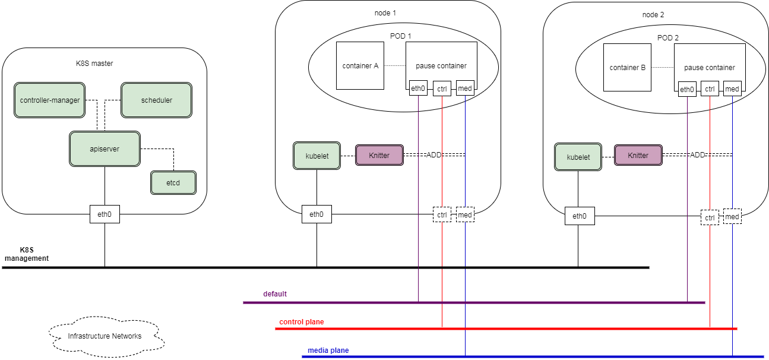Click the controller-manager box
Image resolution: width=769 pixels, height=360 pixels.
point(50,100)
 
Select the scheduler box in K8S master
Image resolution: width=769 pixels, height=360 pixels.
point(156,100)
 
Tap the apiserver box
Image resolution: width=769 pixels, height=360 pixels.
point(105,149)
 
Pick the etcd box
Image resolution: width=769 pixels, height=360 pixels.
point(173,183)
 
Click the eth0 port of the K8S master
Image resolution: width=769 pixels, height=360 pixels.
point(105,214)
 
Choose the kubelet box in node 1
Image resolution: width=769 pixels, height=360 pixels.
point(317,156)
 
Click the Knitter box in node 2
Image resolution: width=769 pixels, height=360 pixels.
point(638,155)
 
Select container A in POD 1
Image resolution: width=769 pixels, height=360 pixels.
point(360,66)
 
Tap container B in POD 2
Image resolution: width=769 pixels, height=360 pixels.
point(627,68)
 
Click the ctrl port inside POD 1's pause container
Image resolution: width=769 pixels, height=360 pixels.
point(442,89)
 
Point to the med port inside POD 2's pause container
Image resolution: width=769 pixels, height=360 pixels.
point(732,89)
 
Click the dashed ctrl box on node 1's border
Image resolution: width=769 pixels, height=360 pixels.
point(442,214)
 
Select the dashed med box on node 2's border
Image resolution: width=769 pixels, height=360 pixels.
point(732,217)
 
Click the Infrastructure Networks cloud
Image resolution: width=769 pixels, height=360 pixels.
point(105,336)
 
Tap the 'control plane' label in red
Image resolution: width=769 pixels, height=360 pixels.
point(302,322)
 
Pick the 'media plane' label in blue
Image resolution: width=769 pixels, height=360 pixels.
point(328,350)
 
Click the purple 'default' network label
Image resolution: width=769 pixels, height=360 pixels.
point(275,294)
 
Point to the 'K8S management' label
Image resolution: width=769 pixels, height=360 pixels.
point(26,254)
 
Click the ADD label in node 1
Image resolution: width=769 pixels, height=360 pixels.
point(434,154)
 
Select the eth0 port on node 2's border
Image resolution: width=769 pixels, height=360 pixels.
point(579,216)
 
